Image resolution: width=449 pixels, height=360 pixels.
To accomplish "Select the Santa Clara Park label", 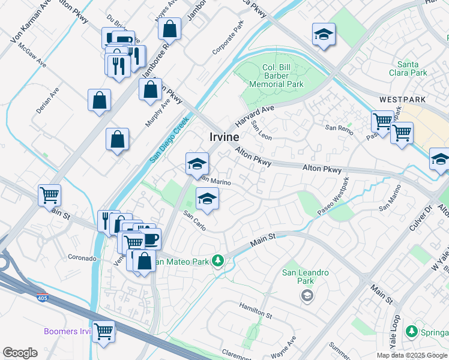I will (412, 68).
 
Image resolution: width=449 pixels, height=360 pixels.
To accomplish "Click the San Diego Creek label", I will (169, 139).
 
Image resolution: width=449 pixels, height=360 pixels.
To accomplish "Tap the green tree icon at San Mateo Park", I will (219, 260).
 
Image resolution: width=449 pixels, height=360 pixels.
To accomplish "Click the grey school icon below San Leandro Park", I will (307, 295).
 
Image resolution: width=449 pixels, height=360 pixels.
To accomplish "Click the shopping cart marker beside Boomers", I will (104, 330).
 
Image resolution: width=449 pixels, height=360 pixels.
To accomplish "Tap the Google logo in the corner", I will (20, 353).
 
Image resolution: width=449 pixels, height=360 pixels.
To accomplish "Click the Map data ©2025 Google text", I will (412, 355).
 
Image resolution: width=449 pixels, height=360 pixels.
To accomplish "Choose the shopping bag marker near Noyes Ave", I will (170, 28).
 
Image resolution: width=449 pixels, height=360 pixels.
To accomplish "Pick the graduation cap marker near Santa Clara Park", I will (324, 34).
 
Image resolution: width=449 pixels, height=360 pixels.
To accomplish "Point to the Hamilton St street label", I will (255, 311).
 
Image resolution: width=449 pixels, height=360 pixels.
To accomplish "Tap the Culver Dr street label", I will (429, 220).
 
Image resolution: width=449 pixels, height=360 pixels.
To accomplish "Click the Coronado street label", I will (82, 258).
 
